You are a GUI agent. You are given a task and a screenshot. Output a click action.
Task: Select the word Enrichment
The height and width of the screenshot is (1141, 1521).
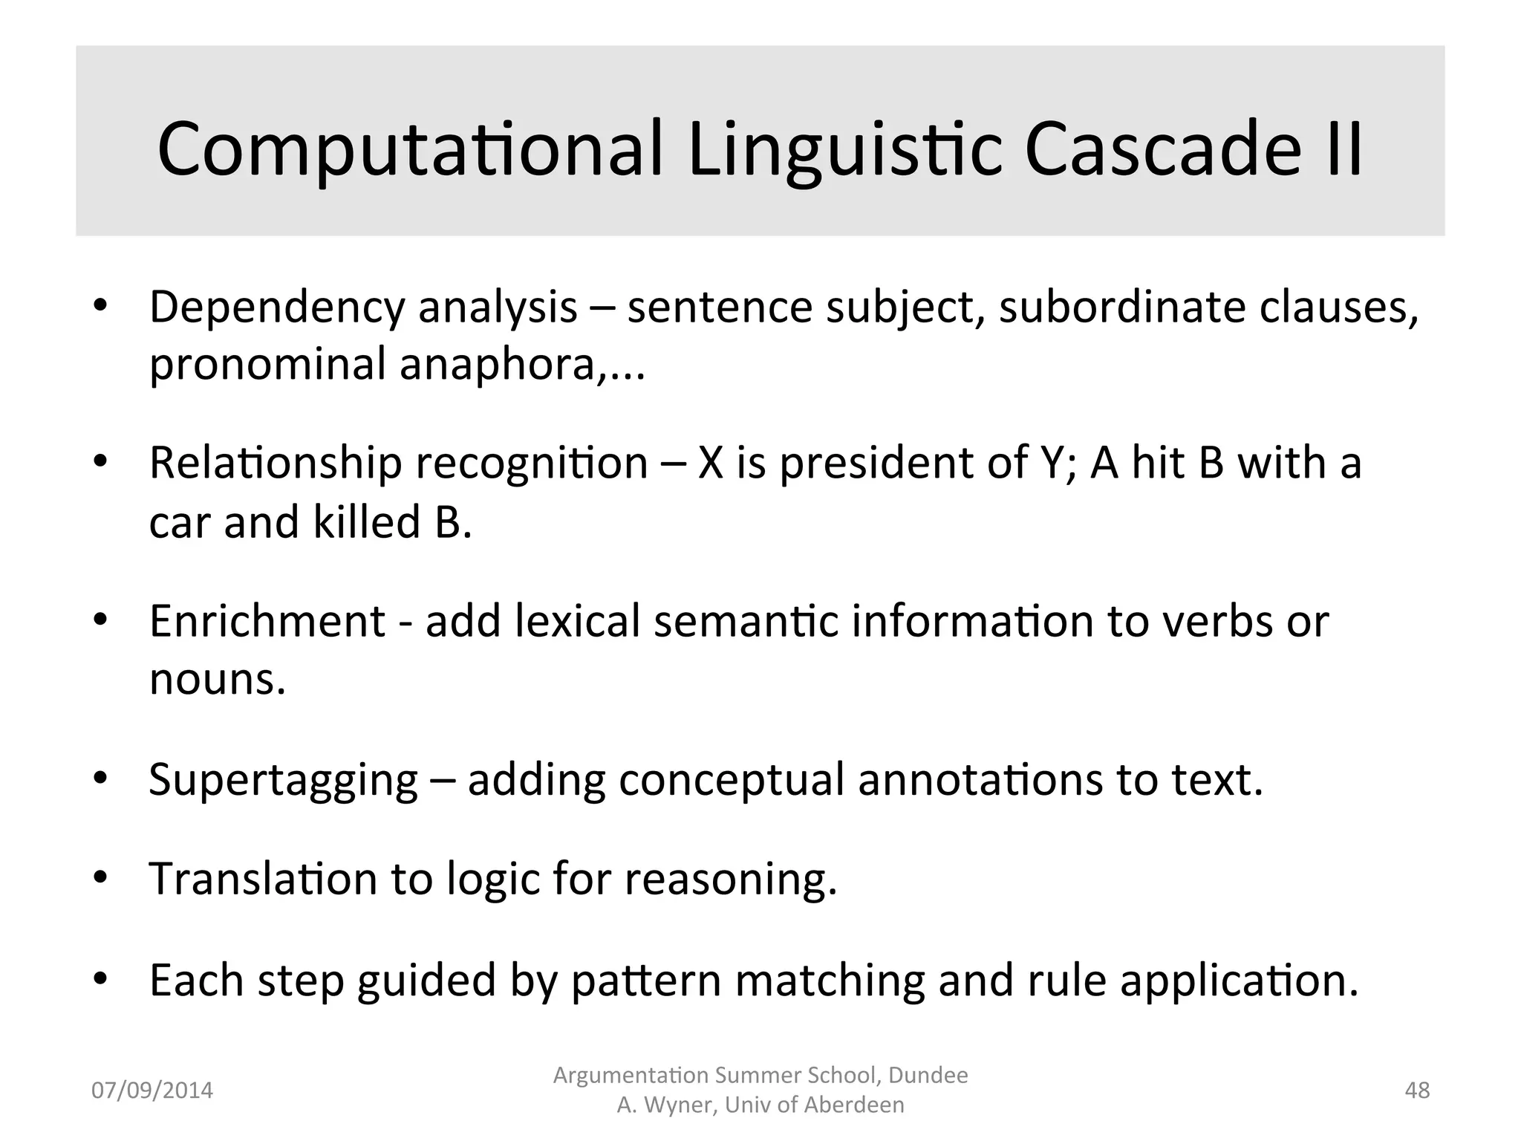267,621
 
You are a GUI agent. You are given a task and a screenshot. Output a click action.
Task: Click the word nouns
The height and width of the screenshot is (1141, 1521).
217,679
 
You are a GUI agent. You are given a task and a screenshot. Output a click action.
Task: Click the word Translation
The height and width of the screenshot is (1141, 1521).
263,879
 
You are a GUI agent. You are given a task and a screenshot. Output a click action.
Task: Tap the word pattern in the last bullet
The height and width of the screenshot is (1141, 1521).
645,981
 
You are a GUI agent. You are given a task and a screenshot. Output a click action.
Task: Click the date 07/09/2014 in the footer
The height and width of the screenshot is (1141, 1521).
152,1090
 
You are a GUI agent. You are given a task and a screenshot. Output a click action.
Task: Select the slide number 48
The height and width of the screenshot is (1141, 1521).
1417,1090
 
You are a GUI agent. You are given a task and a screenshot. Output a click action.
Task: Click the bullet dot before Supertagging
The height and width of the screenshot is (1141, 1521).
101,778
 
